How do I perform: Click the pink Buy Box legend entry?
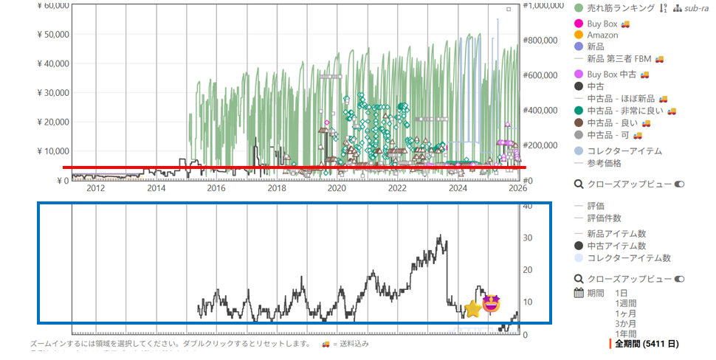coord(602,24)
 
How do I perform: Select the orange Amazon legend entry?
coord(602,35)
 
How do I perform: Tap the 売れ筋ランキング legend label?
coord(620,8)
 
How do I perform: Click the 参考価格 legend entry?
coord(604,163)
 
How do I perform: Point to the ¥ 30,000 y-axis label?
coord(52,93)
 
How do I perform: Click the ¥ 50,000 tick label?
coord(52,35)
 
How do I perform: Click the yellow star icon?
coord(473,309)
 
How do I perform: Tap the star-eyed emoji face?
coord(492,302)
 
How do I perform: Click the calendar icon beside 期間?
coord(579,294)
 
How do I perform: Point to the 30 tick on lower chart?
coord(526,238)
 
